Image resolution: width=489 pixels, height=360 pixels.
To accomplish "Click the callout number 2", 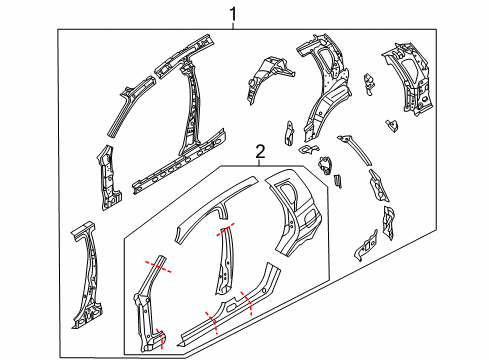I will point(260,152).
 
